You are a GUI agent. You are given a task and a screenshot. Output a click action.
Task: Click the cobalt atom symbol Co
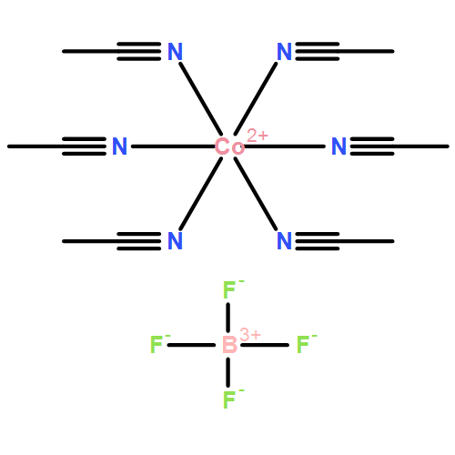229,147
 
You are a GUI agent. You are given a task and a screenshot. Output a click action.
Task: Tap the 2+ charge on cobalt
258,136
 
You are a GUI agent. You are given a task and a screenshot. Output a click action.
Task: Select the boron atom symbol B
229,345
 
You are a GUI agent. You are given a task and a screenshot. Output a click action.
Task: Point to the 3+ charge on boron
250,335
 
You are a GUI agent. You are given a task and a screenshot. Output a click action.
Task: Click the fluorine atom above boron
229,290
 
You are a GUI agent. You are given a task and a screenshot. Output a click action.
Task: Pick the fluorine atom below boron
229,399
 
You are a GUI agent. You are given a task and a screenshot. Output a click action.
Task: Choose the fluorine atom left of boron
157,345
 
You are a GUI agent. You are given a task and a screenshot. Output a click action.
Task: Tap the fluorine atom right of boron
302,345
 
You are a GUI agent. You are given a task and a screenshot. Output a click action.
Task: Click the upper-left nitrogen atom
175,52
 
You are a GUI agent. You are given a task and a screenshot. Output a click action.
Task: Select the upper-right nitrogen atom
285,52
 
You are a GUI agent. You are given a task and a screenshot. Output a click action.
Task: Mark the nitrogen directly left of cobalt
119,147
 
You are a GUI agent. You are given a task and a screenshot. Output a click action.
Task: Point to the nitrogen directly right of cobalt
339,147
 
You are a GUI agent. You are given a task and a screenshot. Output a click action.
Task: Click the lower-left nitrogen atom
175,241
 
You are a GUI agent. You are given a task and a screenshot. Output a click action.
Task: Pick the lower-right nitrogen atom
285,241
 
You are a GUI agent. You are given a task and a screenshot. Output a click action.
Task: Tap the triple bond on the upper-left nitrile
139,51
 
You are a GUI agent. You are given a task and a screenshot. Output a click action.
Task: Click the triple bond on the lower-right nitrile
318,241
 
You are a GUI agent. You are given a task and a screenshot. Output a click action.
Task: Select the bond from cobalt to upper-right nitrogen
256,98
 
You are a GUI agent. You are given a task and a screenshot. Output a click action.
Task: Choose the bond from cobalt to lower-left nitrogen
201,194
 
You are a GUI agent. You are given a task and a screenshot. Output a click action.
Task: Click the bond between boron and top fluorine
227,318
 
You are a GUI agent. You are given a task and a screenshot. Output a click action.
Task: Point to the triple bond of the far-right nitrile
372,147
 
